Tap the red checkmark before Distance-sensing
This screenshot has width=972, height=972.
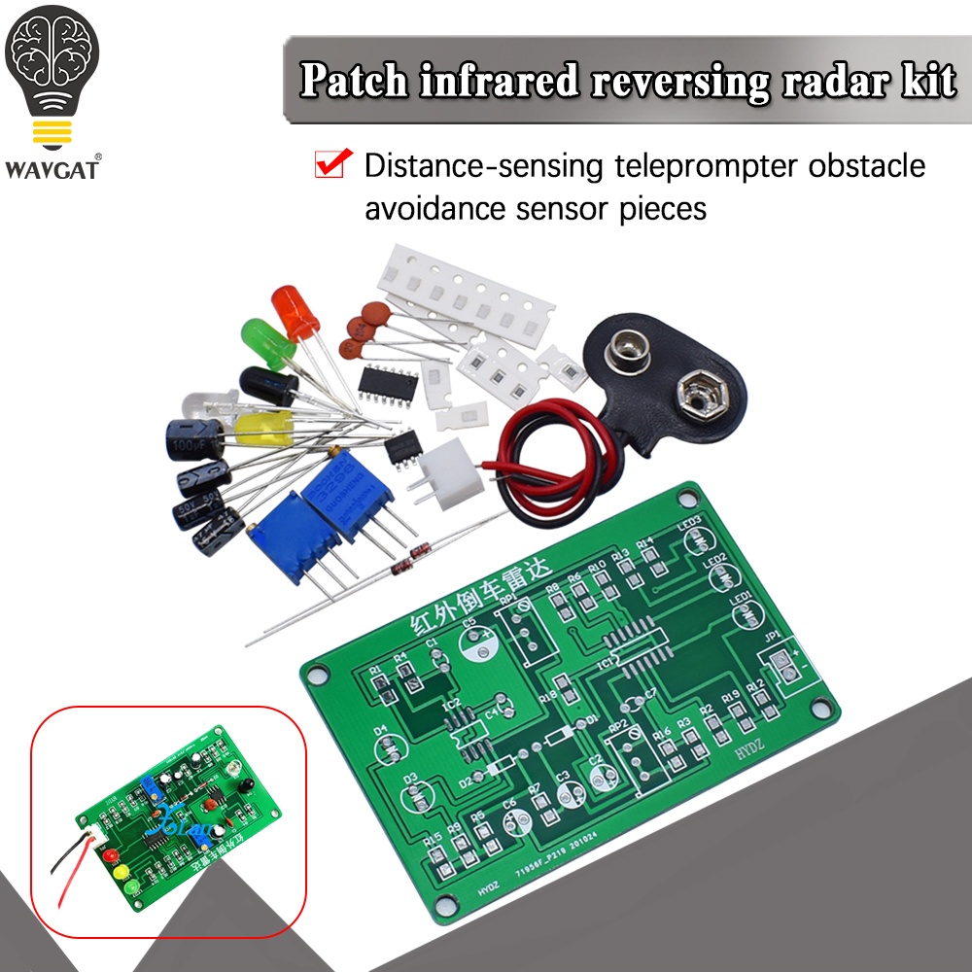(332, 165)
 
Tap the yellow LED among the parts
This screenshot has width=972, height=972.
(262, 429)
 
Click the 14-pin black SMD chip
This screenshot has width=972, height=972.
(389, 383)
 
